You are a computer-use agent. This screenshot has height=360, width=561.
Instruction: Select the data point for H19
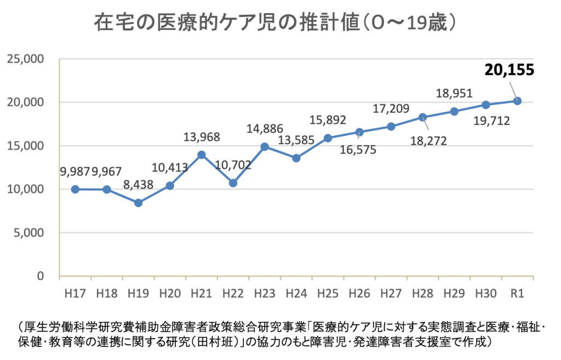[139, 203]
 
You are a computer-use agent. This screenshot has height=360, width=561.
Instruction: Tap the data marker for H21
[202, 155]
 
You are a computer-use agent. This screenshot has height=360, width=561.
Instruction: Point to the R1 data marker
[517, 101]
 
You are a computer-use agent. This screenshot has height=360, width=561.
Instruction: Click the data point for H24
[296, 158]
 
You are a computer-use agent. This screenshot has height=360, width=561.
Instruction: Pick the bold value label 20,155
[509, 70]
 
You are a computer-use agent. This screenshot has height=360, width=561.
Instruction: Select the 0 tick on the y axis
[41, 276]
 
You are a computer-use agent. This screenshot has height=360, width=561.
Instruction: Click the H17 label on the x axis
[75, 293]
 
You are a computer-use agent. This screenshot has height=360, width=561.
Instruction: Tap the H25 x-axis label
[328, 293]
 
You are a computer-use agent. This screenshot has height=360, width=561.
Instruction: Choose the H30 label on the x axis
[485, 293]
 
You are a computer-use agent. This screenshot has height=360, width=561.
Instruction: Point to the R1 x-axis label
[517, 293]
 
